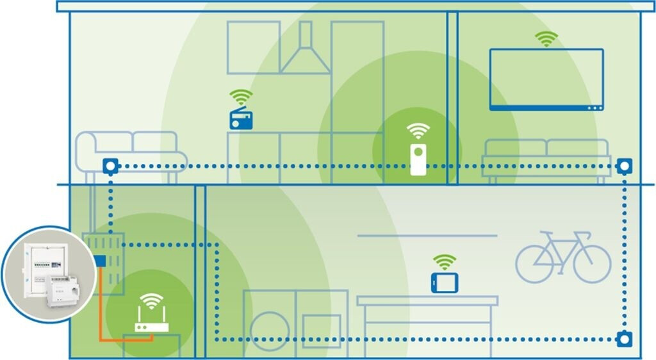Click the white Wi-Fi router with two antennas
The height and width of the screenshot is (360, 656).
pos(151,321)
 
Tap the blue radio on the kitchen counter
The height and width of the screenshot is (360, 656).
pos(242,119)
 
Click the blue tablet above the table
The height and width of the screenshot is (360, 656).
pos(444,282)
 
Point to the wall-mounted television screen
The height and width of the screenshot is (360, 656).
pos(546,79)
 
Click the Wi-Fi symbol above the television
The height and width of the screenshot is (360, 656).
pos(546,39)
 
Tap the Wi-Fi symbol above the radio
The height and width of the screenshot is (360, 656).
pos(241,98)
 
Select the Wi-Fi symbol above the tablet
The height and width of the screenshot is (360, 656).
pos(444,261)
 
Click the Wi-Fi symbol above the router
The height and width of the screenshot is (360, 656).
pos(151,300)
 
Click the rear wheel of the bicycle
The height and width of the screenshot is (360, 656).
pos(536,264)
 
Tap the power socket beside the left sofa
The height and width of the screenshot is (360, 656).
pos(111,167)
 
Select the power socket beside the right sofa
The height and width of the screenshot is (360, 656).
pos(623,167)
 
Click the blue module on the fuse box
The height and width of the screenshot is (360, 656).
pos(99,261)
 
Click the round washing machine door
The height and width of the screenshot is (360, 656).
pos(269,331)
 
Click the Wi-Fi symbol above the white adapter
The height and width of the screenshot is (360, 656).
pos(418,131)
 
